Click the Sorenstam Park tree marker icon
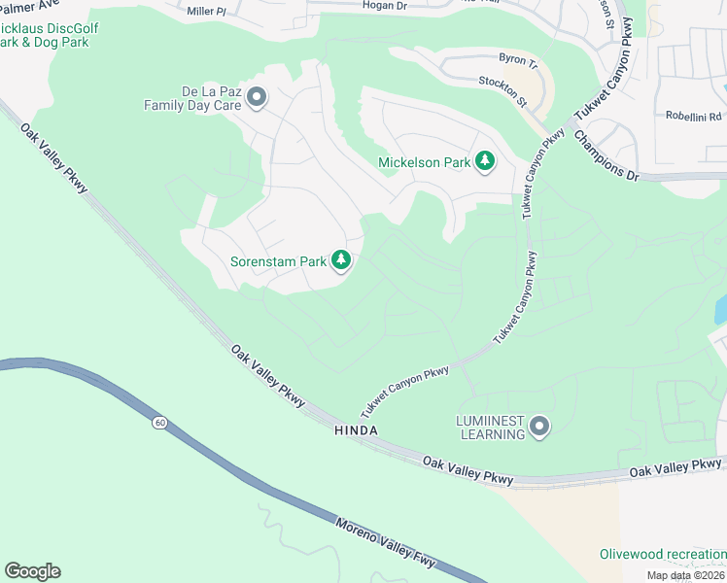340,260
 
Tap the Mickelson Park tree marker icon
485,161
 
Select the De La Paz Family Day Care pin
257,96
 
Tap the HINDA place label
355,429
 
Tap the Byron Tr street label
517,60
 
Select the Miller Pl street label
206,12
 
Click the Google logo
32,571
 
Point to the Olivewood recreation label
662,554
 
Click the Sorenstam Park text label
278,260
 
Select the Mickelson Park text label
424,162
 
